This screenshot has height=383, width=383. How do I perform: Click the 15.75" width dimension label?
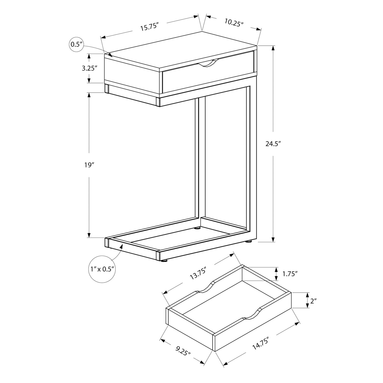tap(149, 27)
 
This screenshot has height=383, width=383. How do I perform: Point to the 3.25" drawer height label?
tap(89, 68)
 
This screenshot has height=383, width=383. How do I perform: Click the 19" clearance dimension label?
tap(89, 165)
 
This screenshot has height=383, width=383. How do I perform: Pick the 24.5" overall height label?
tap(273, 144)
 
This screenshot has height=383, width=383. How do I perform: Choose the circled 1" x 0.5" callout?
tap(102, 269)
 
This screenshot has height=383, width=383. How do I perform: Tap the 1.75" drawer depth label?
tap(290, 274)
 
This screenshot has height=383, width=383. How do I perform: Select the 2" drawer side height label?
tap(313, 301)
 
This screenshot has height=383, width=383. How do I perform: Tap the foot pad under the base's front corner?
tap(164, 261)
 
